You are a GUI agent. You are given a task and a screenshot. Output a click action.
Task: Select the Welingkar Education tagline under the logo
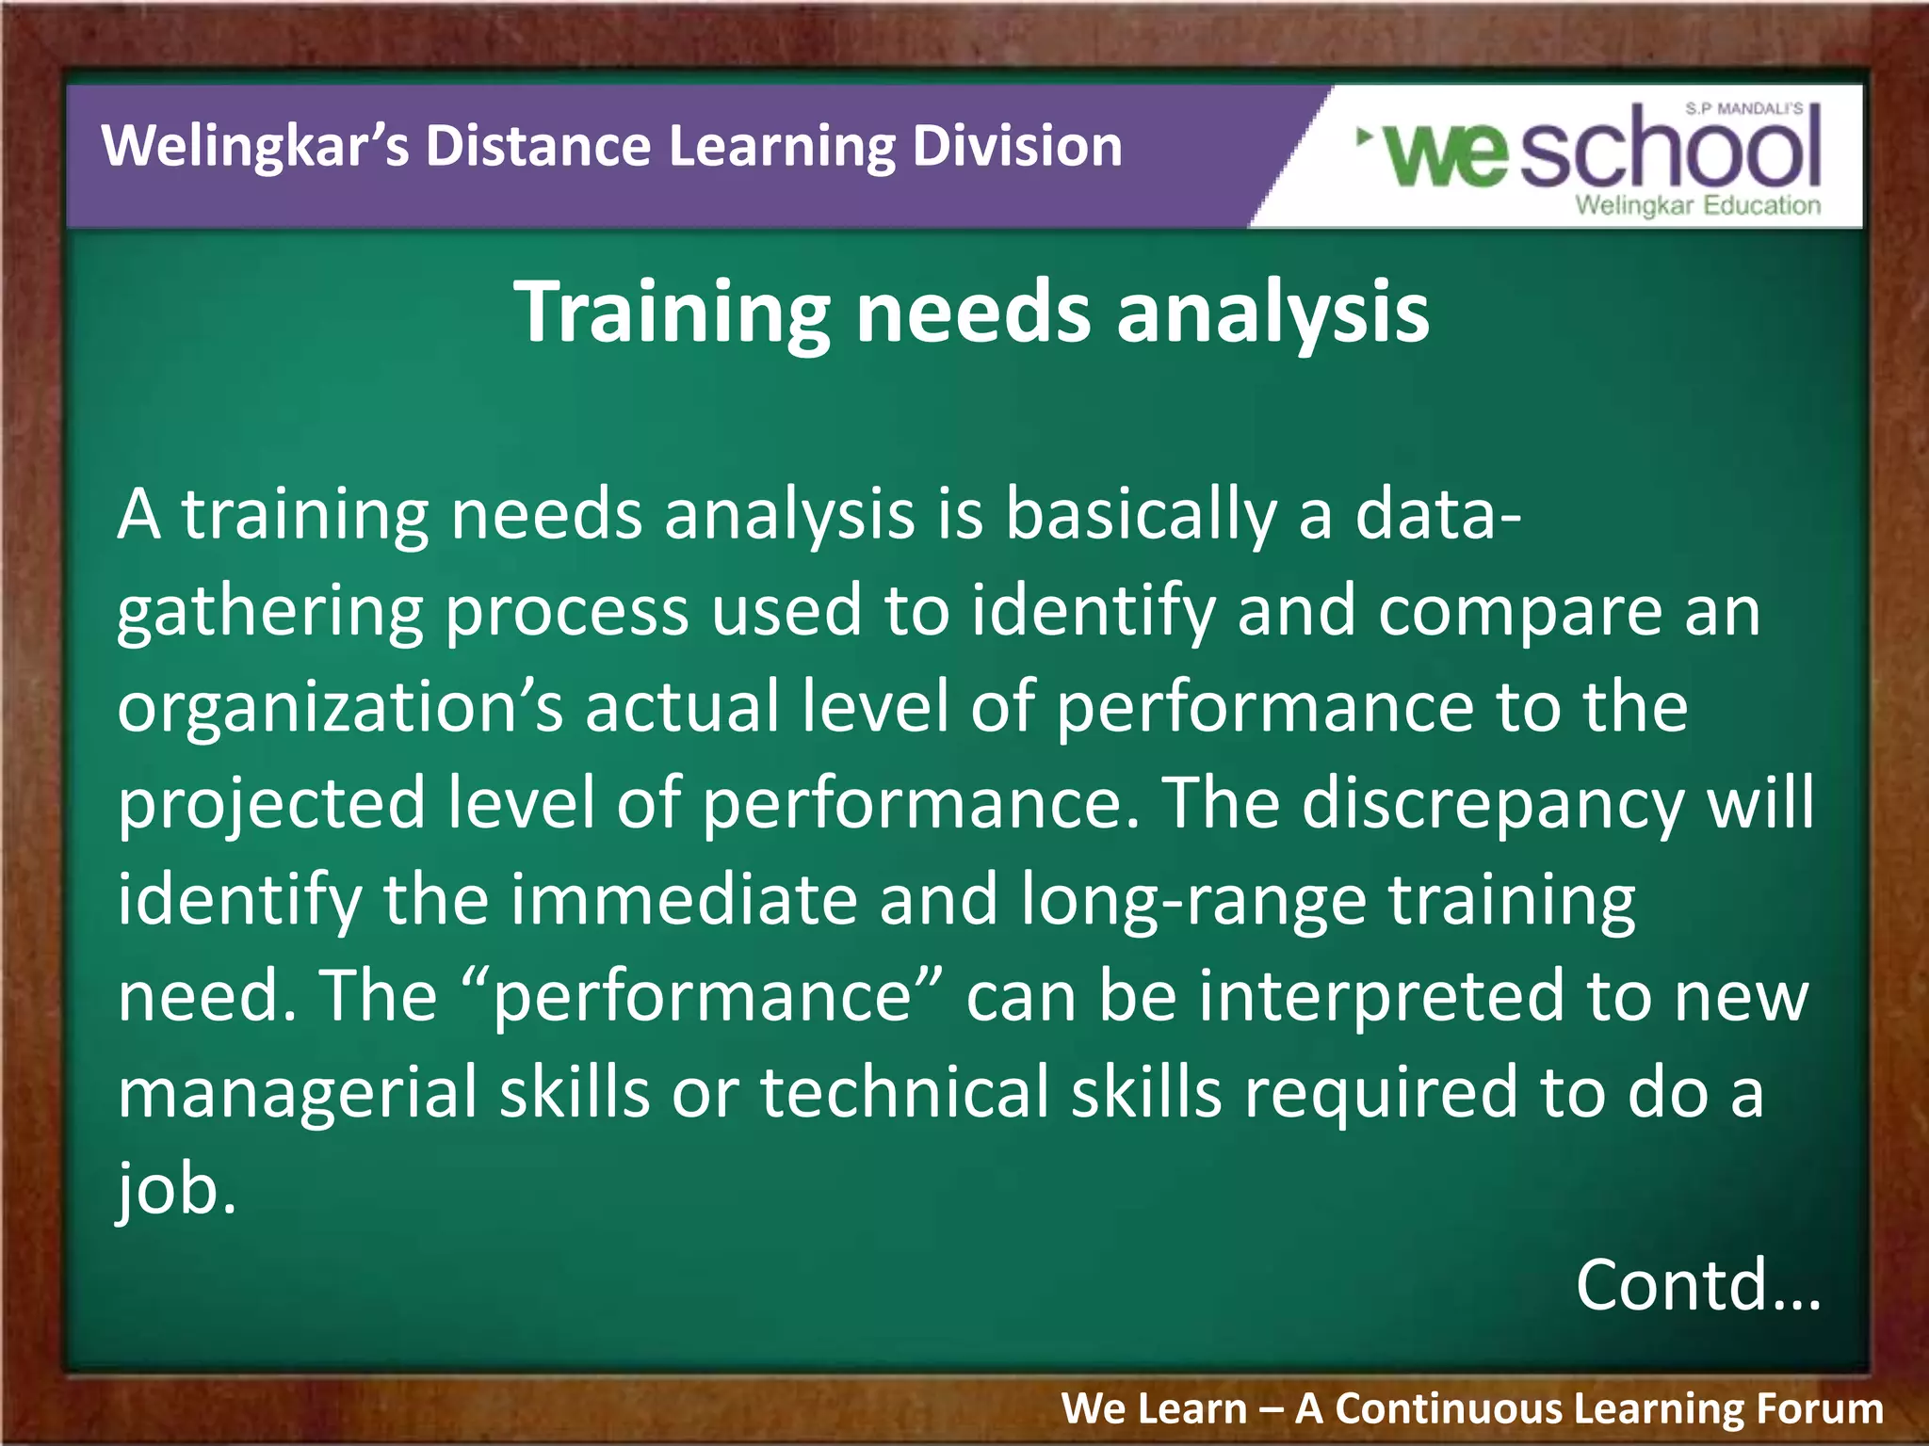tap(1697, 205)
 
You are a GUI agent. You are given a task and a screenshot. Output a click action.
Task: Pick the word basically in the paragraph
tap(1140, 516)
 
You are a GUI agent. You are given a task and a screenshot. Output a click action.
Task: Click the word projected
tap(271, 805)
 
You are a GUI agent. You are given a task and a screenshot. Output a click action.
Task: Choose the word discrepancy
tap(1493, 805)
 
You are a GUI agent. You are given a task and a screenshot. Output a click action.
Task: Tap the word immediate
tap(684, 901)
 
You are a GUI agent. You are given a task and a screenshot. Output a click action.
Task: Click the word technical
tap(904, 1093)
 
